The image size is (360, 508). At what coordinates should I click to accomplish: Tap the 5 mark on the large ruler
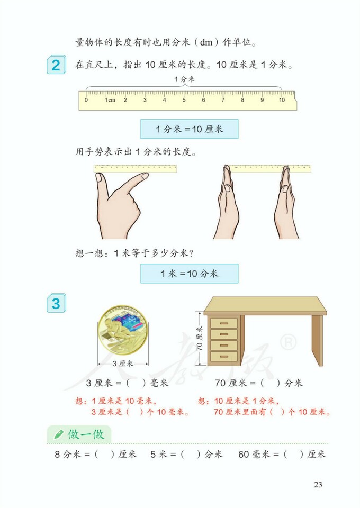click(184, 99)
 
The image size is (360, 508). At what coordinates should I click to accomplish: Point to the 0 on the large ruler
click(86, 99)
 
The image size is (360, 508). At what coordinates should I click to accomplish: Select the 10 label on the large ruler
click(282, 99)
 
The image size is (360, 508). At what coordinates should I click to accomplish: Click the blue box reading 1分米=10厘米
click(189, 129)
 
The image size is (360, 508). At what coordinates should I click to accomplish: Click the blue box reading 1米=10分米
click(189, 274)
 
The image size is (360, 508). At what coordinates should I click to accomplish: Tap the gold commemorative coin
click(122, 333)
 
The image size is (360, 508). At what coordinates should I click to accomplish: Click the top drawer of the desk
click(223, 323)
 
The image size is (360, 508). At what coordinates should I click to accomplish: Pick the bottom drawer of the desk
click(223, 357)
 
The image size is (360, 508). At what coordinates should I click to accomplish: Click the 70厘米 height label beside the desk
click(200, 339)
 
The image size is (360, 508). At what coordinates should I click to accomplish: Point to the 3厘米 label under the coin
click(122, 364)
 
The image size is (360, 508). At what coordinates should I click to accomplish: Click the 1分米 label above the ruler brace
click(184, 79)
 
